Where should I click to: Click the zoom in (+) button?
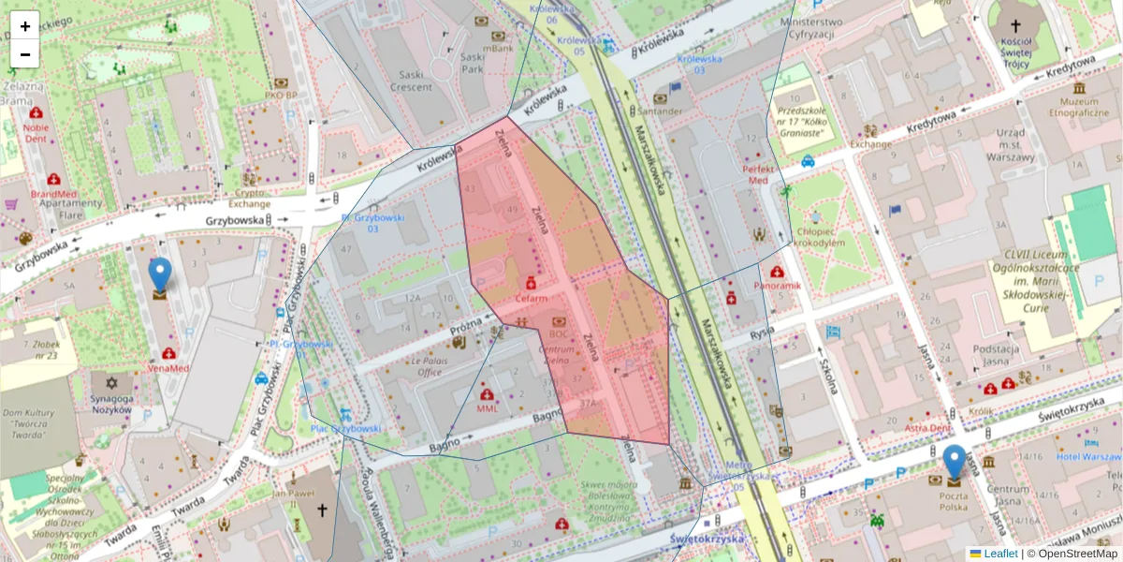click(x=25, y=26)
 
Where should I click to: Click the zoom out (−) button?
click(x=25, y=54)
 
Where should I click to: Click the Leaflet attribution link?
click(x=999, y=554)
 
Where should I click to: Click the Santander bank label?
click(x=661, y=111)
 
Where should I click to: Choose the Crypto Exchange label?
click(x=250, y=198)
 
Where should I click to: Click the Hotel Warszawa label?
click(x=1089, y=457)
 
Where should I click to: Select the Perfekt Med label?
click(x=754, y=174)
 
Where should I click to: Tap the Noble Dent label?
click(x=36, y=132)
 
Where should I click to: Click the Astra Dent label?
click(x=927, y=428)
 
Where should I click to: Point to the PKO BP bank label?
click(x=281, y=95)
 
